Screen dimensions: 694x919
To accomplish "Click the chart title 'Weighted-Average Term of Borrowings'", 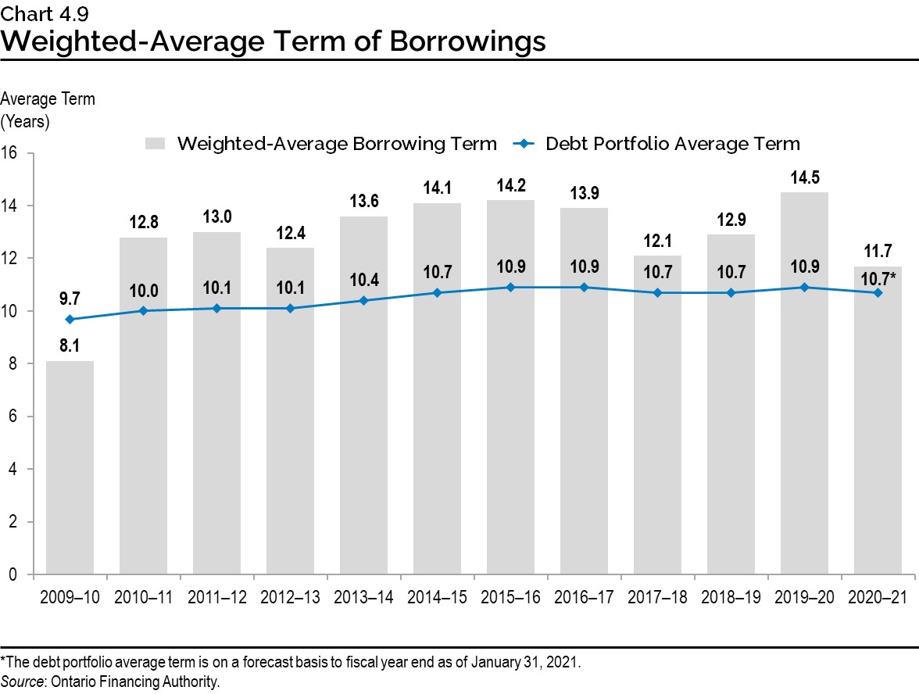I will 273,40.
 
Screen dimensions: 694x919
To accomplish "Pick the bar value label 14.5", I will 804,177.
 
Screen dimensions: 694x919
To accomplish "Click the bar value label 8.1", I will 70,345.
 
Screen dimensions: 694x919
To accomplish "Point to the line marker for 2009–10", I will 70,319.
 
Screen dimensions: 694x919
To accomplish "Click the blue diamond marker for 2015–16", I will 510,287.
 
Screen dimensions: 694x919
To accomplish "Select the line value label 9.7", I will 70,297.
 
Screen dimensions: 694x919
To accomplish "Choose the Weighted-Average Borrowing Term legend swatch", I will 156,144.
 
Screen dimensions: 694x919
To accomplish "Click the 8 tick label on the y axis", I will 13,364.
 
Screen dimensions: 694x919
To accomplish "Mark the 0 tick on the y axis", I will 13,574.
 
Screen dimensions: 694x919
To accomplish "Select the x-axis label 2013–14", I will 363,598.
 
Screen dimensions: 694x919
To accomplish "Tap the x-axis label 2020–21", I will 878,598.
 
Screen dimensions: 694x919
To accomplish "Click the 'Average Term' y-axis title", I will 48,99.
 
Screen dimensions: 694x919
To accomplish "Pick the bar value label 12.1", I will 657,240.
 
